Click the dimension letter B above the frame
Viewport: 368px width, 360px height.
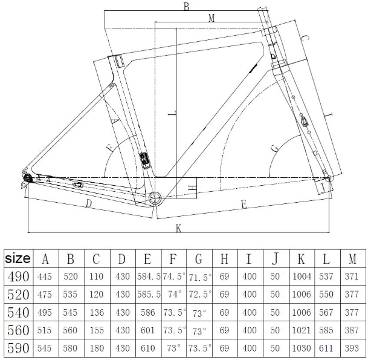pyautogui.click(x=186, y=7)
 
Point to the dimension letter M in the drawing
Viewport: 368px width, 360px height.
pyautogui.click(x=211, y=18)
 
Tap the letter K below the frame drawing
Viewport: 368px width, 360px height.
pyautogui.click(x=179, y=228)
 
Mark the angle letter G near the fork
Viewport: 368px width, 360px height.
pyautogui.click(x=274, y=147)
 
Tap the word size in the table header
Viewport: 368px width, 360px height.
pyautogui.click(x=18, y=258)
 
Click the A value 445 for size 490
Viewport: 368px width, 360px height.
pyautogui.click(x=45, y=277)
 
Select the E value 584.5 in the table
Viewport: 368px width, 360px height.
pyautogui.click(x=147, y=277)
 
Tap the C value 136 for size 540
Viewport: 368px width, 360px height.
pyautogui.click(x=97, y=313)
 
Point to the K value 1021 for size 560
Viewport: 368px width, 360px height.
pyautogui.click(x=301, y=331)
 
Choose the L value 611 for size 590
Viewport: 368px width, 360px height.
pyautogui.click(x=326, y=349)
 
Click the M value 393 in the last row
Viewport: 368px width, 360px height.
pyautogui.click(x=352, y=349)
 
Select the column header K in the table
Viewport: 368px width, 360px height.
pyautogui.click(x=301, y=259)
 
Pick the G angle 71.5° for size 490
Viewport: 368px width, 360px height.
pyautogui.click(x=199, y=277)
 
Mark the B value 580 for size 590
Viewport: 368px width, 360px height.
pyautogui.click(x=71, y=349)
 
